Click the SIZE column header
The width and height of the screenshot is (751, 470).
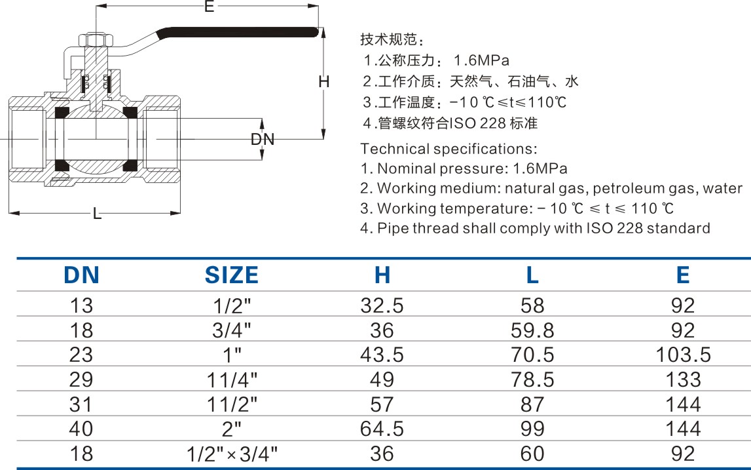click(x=231, y=275)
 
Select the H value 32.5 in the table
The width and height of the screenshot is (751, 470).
click(x=382, y=305)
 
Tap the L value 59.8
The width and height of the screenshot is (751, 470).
click(x=532, y=330)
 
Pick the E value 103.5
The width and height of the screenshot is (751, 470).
click(x=683, y=355)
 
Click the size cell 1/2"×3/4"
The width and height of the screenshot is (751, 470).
click(x=232, y=454)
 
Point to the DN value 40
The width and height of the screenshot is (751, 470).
click(x=81, y=428)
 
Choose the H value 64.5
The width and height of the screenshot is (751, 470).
click(x=382, y=428)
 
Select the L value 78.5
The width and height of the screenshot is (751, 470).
click(x=532, y=380)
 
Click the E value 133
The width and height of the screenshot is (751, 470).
click(x=683, y=380)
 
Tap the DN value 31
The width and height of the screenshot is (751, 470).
click(x=81, y=404)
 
